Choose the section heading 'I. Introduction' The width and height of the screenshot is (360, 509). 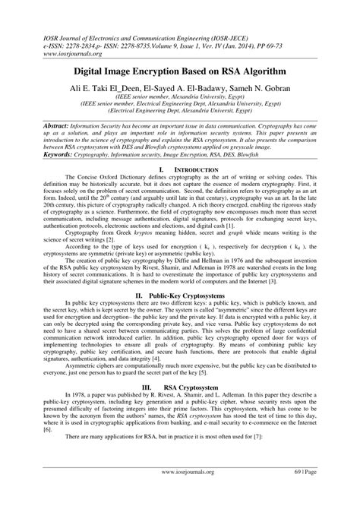(180, 168)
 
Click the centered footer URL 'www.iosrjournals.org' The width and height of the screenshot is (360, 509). (180, 492)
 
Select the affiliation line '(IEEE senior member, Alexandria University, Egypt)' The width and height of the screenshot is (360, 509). (180, 98)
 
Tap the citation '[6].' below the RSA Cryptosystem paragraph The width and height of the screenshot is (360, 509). (27, 449)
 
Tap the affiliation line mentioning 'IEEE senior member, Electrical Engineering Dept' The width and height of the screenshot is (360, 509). (180, 106)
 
